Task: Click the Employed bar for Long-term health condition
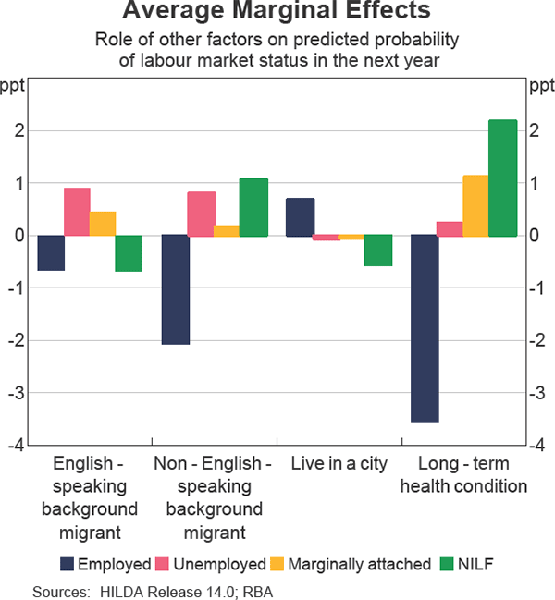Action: click(x=424, y=328)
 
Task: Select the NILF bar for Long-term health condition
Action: click(x=502, y=178)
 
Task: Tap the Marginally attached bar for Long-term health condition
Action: click(x=475, y=206)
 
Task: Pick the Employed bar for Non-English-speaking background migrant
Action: click(x=175, y=289)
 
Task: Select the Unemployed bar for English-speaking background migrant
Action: click(x=77, y=212)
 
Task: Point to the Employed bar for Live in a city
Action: click(x=300, y=217)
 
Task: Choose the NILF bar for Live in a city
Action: click(x=377, y=251)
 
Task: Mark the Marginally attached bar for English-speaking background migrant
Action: click(x=103, y=224)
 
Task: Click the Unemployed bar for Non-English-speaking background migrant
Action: click(x=201, y=214)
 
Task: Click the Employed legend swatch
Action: click(x=66, y=563)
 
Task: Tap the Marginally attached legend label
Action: click(x=360, y=563)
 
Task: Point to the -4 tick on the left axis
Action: click(x=18, y=445)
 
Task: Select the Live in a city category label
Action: click(x=339, y=463)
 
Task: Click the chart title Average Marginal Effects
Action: click(x=276, y=12)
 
